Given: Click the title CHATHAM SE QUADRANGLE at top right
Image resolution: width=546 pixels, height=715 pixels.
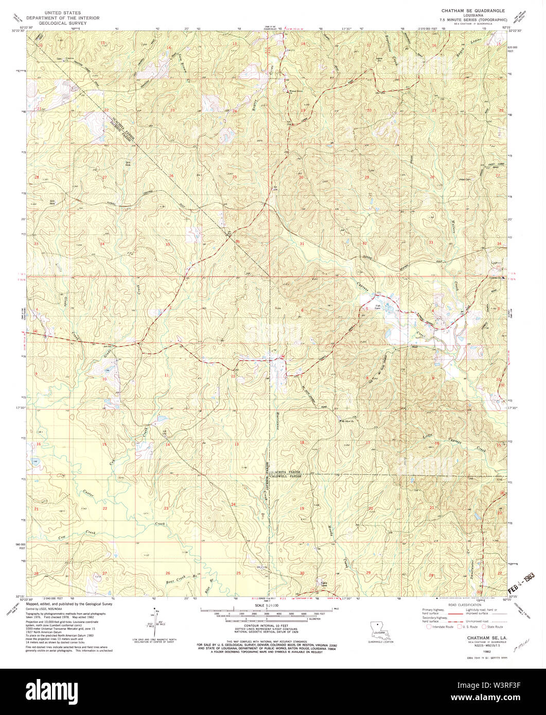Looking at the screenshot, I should tap(472, 10).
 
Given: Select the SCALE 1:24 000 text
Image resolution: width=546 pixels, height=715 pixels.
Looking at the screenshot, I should tap(266, 606).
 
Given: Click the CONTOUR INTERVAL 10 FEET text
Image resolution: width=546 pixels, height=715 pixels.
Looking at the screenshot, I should tap(266, 627).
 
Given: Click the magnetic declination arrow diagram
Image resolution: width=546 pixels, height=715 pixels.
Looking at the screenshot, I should tap(153, 620).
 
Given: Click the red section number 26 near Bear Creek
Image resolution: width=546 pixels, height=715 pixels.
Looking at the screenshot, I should tap(168, 573).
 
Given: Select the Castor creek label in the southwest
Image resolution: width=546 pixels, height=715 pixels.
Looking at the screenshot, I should tap(88, 492).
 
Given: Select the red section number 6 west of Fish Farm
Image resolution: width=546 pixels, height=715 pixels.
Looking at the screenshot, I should tap(303, 310).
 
